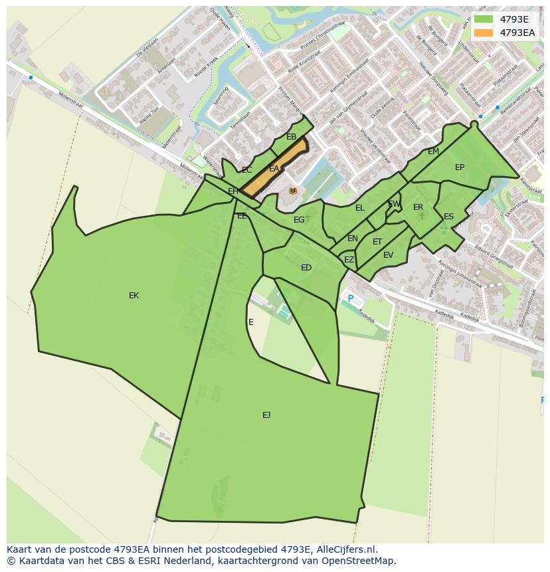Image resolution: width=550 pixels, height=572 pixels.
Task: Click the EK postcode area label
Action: [134, 296]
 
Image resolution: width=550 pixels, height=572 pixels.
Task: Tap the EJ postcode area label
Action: [266, 415]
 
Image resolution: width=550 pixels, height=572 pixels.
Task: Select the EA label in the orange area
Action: [274, 169]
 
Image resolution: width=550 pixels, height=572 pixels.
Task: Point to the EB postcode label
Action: [291, 137]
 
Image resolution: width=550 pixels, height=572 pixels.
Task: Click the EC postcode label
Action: [246, 170]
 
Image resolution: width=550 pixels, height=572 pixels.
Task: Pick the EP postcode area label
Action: [460, 167]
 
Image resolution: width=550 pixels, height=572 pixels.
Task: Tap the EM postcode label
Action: [433, 151]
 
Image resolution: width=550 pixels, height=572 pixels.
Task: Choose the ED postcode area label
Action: [306, 268]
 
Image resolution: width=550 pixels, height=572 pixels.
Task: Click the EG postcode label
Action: [299, 220]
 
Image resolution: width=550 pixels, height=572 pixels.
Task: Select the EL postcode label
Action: [360, 208]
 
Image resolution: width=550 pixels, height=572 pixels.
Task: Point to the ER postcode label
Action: [418, 207]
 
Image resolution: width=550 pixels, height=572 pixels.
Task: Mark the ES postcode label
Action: [448, 217]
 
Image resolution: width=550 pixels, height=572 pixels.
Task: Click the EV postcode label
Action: [388, 255]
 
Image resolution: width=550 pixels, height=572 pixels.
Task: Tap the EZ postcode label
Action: [349, 260]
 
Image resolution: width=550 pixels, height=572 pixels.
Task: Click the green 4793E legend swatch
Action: [484, 19]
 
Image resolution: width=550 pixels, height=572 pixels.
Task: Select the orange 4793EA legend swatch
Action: [484, 33]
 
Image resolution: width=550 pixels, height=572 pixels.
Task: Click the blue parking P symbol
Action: [351, 299]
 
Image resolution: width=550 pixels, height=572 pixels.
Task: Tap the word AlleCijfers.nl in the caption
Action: [345, 549]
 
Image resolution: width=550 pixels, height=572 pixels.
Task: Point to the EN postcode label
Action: [353, 238]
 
